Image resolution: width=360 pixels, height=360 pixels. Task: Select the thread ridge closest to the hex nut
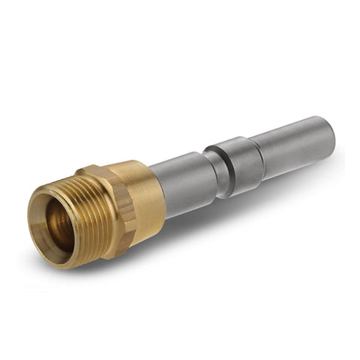[101, 217]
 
